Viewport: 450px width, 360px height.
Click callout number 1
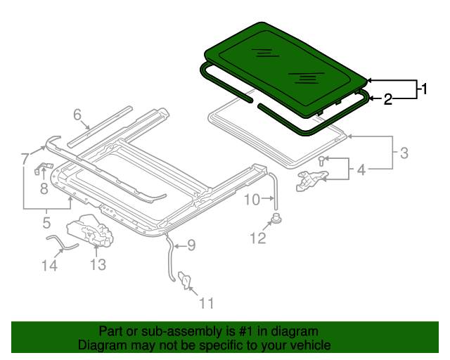coord(424,89)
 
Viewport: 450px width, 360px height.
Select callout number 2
coord(387,100)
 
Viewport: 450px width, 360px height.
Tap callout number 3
coord(404,152)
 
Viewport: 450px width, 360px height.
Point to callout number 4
coord(361,169)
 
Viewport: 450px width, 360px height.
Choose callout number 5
coord(46,224)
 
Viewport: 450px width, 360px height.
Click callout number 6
coord(77,114)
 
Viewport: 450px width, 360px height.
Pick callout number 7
coord(25,157)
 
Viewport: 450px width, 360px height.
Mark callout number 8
coord(44,188)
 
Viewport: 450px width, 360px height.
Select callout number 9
coord(191,245)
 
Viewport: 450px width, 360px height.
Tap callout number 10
coord(252,200)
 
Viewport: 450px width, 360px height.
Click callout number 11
coord(206,303)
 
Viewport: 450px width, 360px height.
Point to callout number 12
coord(258,238)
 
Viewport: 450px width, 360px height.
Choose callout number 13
coord(97,264)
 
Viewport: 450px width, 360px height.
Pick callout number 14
coord(48,265)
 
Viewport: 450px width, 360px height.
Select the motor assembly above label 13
coord(91,233)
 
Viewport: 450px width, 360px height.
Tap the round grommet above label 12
coord(276,218)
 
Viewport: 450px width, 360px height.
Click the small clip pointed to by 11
coord(186,281)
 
